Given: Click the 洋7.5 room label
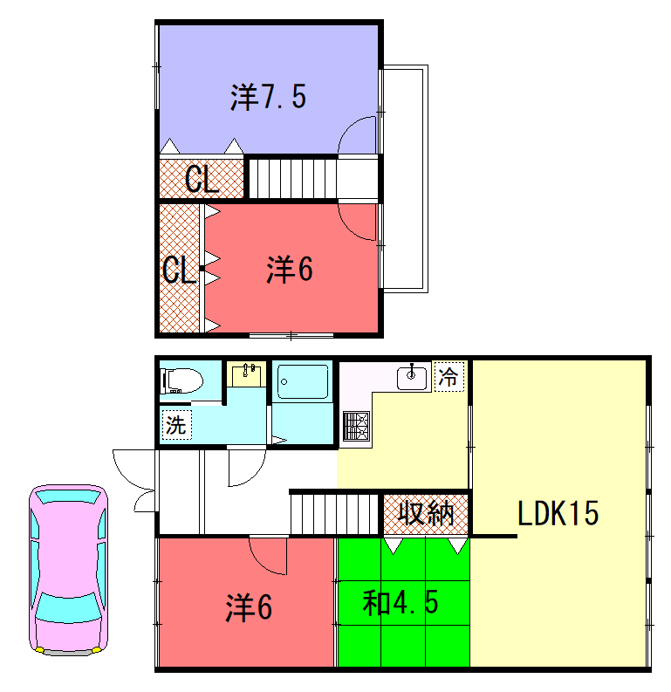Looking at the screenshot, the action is point(268,97).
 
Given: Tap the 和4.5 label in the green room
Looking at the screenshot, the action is point(401,603).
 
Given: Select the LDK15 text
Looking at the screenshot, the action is point(558,513).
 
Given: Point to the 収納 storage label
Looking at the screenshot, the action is point(426,513).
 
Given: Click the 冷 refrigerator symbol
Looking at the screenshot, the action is point(449,376).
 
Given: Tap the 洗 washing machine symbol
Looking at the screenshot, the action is point(177,425).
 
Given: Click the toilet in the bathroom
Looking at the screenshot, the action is point(181,380).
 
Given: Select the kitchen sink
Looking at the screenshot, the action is point(412,378).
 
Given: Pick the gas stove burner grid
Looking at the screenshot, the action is point(357,426).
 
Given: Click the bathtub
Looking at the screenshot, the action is point(303,381).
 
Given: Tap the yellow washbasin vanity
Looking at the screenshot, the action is point(247,374).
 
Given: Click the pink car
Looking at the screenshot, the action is point(68,570).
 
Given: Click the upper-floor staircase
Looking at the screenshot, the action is point(292,179).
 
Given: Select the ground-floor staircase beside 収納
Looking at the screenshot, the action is point(334,514).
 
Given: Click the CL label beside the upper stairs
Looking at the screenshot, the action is point(202,179).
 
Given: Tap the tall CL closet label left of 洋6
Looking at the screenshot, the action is point(179,270).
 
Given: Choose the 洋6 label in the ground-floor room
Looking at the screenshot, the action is point(249,607).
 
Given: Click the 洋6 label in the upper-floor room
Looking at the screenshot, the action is point(290,270).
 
